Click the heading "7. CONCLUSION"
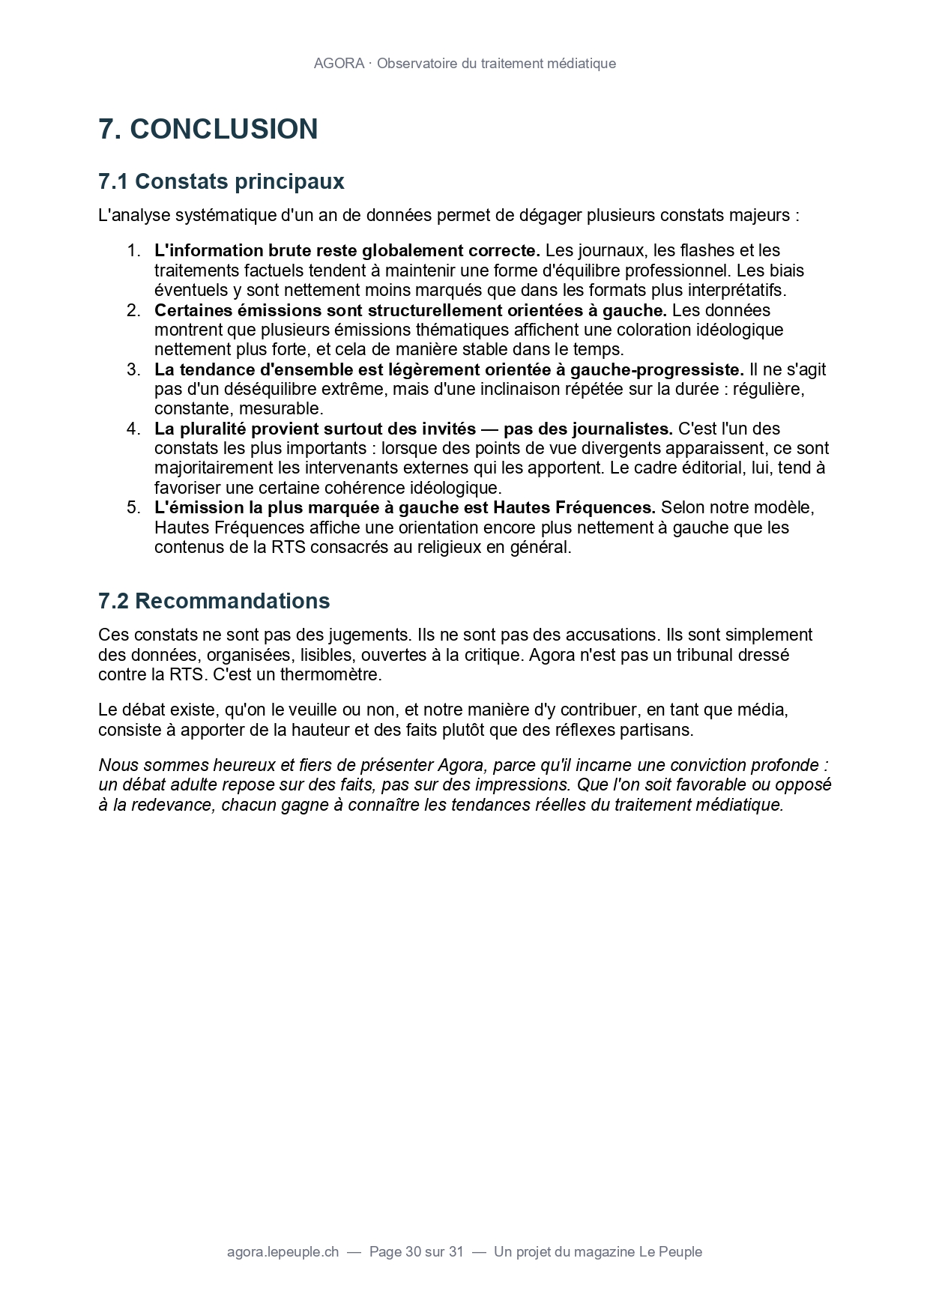[x=208, y=129]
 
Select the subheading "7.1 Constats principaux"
[x=221, y=181]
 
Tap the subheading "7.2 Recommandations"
[x=214, y=601]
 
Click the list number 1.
[x=133, y=250]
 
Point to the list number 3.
[x=133, y=369]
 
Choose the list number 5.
[x=133, y=507]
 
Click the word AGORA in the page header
[x=339, y=64]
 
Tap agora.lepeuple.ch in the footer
[x=283, y=1251]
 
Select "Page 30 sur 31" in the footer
[x=417, y=1251]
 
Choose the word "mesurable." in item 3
[x=281, y=409]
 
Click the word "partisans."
[x=656, y=729]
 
